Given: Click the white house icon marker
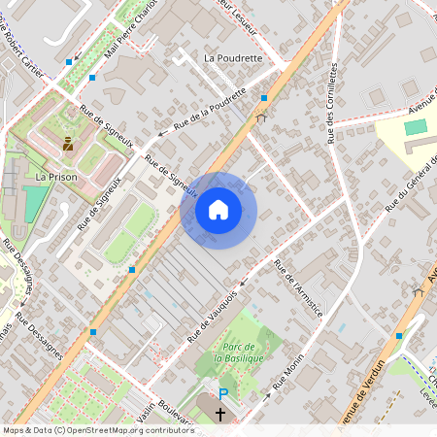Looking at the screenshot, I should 218,209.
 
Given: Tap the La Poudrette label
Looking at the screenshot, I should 233,57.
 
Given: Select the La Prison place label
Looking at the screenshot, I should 55,178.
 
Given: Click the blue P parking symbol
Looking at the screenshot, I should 223,394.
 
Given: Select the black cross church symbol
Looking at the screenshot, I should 220,414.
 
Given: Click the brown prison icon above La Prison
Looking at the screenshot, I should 68,145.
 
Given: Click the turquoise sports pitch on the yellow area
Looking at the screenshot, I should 415,127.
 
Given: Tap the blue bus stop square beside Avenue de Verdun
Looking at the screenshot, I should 399,336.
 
